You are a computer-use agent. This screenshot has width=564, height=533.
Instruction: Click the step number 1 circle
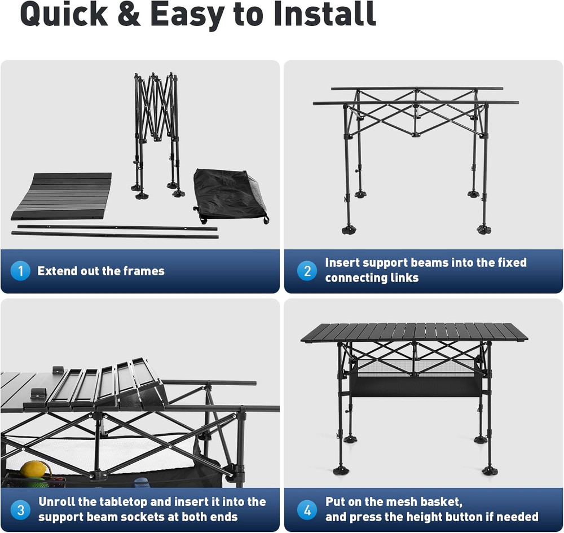point(20,271)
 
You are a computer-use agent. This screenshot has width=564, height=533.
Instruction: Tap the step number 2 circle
point(307,271)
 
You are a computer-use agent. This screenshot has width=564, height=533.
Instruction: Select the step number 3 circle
point(20,510)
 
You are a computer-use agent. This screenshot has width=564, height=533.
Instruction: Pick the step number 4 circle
point(307,510)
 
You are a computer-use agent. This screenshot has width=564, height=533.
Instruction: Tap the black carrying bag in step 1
point(228,196)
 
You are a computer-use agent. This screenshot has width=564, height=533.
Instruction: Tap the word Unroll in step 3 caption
point(58,502)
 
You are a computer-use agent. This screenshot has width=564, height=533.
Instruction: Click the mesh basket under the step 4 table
point(415,385)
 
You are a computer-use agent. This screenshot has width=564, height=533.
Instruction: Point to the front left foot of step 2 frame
point(349,229)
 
